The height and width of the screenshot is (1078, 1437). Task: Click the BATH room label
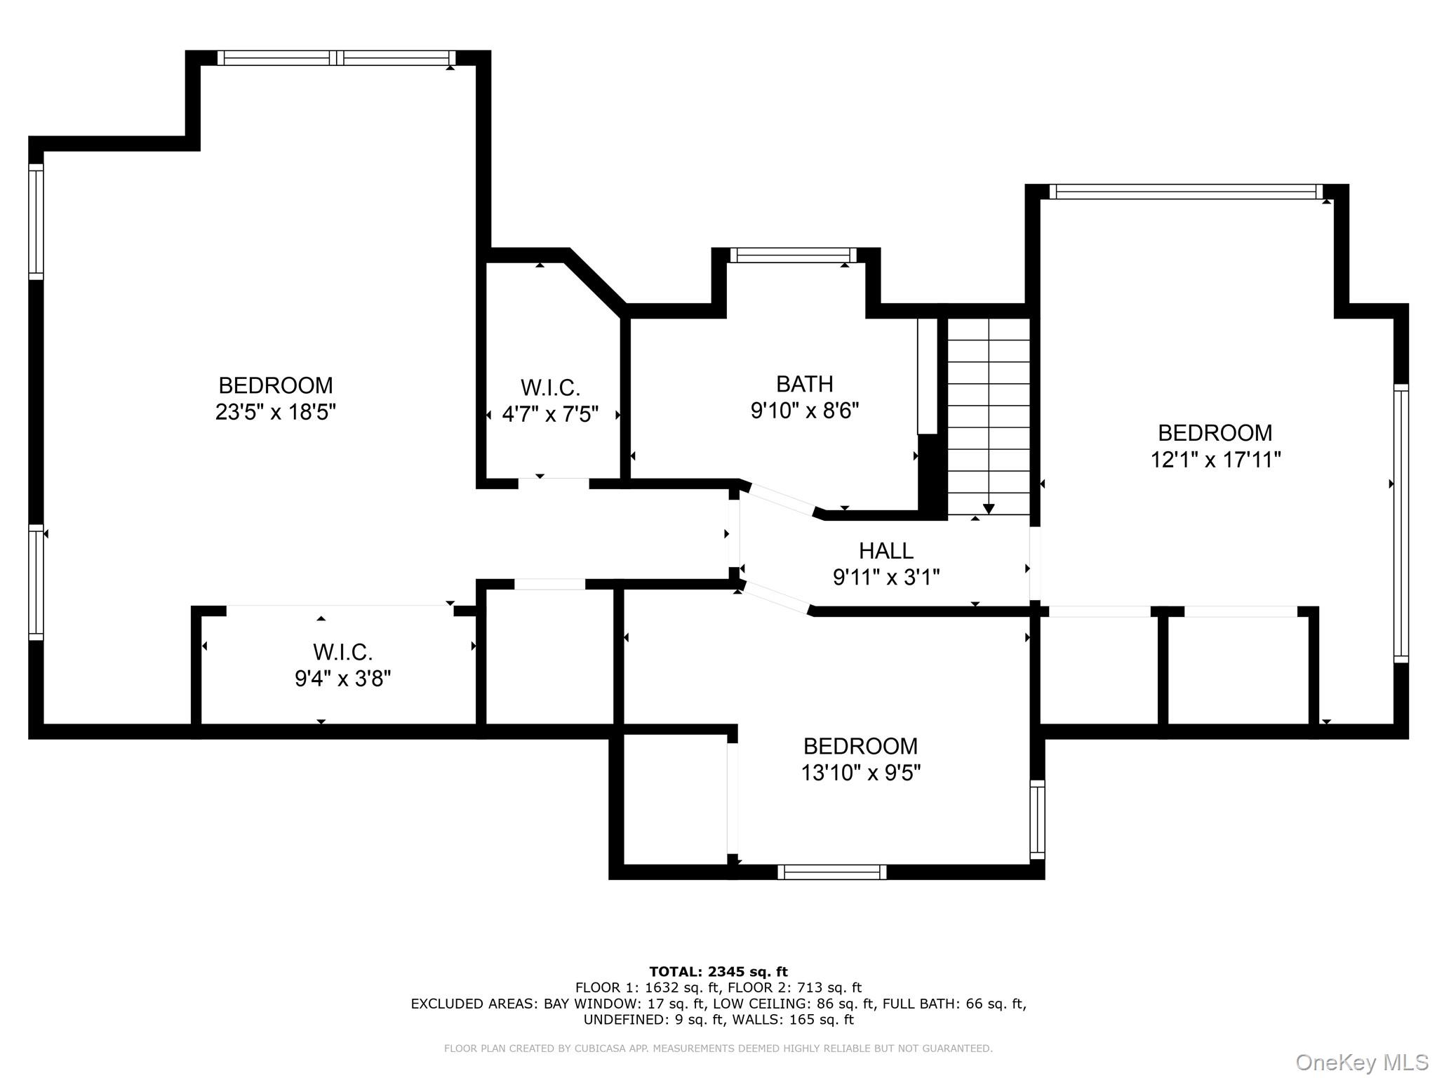coord(804,384)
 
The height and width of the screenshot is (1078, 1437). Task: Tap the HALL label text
coord(885,550)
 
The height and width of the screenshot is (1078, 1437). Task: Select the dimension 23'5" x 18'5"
coord(275,412)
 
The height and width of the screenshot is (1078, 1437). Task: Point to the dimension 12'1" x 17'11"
coord(1215,460)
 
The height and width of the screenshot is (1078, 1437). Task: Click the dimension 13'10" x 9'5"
coord(860,773)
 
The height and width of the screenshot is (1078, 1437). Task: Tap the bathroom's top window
coord(793,255)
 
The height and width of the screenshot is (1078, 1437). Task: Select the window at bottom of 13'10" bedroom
coord(831,872)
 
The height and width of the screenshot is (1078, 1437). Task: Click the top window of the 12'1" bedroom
coord(1186,192)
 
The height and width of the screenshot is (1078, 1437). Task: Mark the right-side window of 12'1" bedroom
coord(1401,523)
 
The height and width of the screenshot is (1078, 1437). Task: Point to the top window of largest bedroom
coord(337,58)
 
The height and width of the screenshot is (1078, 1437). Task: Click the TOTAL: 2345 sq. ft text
coord(718,971)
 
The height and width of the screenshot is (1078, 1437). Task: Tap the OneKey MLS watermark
coord(1361,1062)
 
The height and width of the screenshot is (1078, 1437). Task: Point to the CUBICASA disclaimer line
coord(718,1049)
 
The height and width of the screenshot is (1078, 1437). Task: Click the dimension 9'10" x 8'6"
coord(804,411)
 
